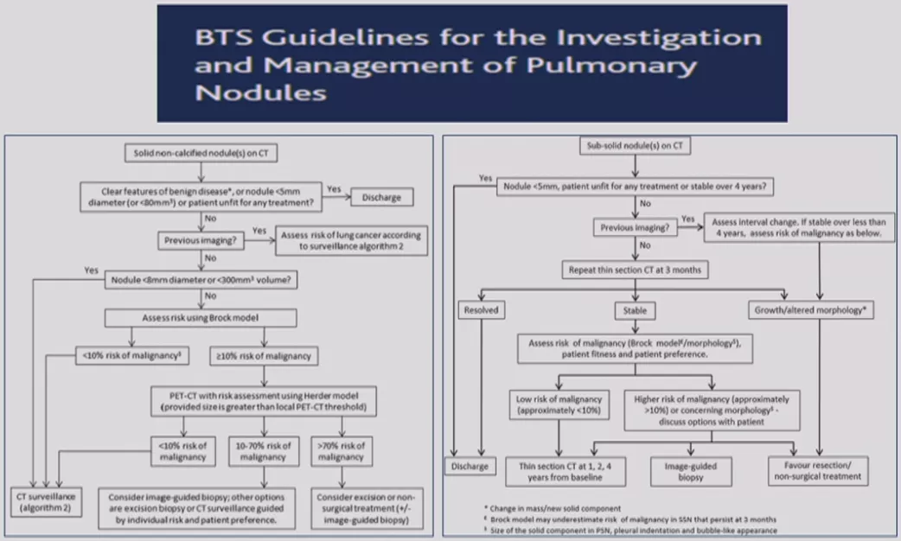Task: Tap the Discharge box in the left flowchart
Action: click(x=381, y=197)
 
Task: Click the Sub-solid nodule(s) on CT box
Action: click(x=635, y=147)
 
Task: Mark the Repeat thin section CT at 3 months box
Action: click(x=635, y=269)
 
